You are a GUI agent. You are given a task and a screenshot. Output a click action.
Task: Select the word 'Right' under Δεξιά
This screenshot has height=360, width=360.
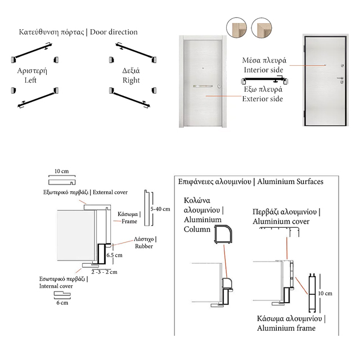(131, 80)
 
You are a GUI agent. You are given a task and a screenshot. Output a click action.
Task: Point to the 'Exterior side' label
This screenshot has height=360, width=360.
(262, 99)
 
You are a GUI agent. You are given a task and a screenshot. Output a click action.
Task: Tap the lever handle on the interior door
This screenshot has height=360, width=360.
(341, 79)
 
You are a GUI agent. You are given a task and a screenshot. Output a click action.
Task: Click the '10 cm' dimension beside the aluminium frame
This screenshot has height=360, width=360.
(325, 293)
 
